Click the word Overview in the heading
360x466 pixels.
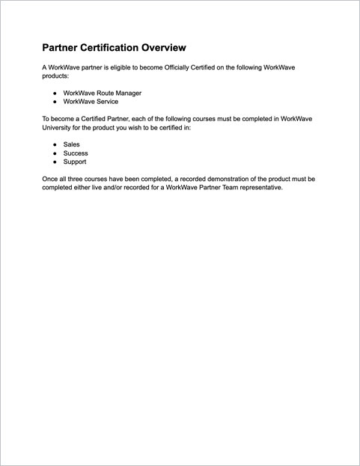pos(159,48)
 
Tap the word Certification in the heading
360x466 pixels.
pos(105,48)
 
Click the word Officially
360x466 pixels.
pos(200,67)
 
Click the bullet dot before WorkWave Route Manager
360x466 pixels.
pos(55,93)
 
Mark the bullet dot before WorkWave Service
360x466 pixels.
pos(55,101)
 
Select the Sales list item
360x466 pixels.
pos(72,144)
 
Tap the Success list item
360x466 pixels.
pos(76,153)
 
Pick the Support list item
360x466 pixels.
pos(75,162)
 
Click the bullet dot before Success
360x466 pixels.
pos(55,153)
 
